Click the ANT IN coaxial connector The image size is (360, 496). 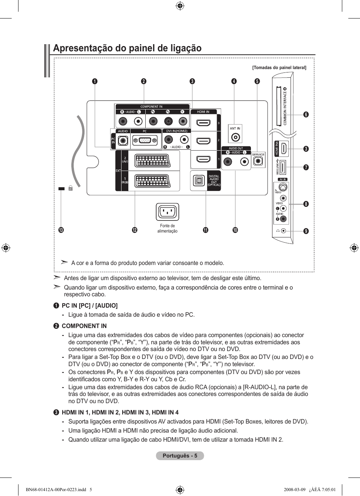click(x=235, y=138)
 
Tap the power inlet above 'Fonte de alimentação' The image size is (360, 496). click(x=167, y=212)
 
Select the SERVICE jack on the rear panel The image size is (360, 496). click(x=258, y=161)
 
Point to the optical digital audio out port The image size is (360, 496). click(x=198, y=181)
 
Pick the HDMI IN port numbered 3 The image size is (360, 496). click(x=203, y=123)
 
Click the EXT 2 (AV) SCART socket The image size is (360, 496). click(x=152, y=161)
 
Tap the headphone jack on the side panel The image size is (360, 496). click(x=283, y=231)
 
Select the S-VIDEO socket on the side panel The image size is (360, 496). click(x=283, y=187)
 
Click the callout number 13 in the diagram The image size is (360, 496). click(x=61, y=230)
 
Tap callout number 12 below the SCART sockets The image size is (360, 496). click(x=135, y=230)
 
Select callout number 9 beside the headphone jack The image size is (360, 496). click(x=306, y=231)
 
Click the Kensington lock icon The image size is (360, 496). click(x=70, y=188)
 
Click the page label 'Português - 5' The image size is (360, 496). click(x=180, y=456)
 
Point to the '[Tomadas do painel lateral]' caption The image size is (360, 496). click(x=279, y=68)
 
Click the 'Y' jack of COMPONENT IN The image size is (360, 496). click(x=183, y=121)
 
